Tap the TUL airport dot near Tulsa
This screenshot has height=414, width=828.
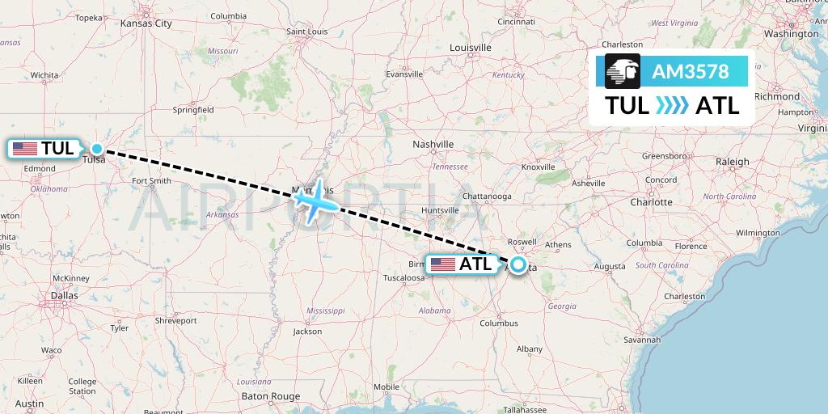[97, 148]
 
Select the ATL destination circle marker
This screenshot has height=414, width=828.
[517, 264]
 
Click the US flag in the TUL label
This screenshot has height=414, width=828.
[25, 149]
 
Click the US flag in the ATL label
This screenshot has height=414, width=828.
[442, 264]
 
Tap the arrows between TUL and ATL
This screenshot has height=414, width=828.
[672, 106]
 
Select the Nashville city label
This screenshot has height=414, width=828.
[433, 144]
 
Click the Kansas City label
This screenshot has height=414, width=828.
[146, 23]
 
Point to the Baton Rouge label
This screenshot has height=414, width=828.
[271, 396]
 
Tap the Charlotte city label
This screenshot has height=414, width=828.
[652, 201]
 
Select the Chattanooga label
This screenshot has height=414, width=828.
[486, 196]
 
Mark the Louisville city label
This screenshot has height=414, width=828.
[471, 48]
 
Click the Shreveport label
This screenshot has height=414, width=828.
[175, 320]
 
